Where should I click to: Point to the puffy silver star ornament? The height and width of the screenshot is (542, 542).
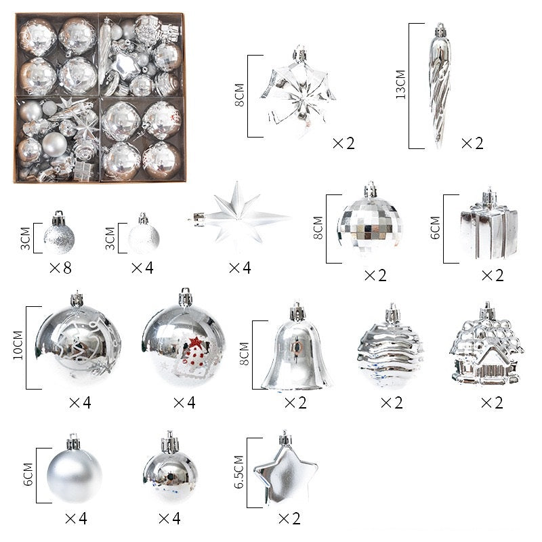(285, 470)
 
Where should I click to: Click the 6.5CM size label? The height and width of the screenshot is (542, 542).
(238, 472)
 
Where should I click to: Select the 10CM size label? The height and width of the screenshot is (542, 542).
(18, 347)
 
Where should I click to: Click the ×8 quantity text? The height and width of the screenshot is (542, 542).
(60, 268)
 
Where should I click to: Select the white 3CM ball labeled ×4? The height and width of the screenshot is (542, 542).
(144, 238)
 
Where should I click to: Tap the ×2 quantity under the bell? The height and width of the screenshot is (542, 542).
(295, 403)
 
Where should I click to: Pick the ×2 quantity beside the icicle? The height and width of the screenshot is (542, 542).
(472, 144)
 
